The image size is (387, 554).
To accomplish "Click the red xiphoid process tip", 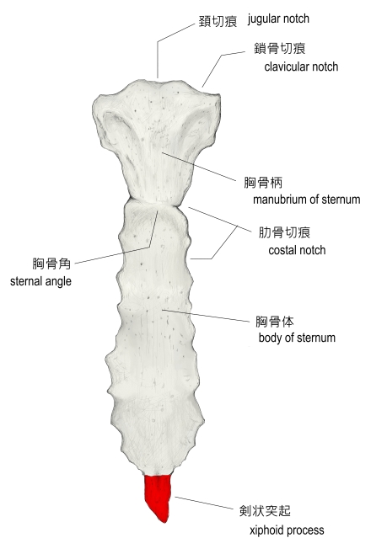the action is [x=159, y=498].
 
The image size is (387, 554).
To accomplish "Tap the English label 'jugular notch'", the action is [x=278, y=19].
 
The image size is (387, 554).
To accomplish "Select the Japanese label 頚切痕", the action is [x=218, y=21].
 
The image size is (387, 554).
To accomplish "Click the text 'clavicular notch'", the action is [x=301, y=67].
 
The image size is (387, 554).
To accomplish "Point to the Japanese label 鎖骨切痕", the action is [x=279, y=48].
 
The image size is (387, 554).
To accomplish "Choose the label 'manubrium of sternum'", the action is [x=306, y=200].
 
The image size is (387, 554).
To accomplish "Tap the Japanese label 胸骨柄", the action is [x=263, y=183].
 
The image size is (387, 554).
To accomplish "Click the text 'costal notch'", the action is [x=297, y=250].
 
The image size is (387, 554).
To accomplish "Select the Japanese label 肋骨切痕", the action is [x=284, y=232].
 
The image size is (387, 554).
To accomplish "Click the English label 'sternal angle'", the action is [x=40, y=281].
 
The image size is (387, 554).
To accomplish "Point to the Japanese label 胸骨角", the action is [x=51, y=264].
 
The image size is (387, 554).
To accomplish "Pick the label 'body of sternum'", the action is [x=297, y=338].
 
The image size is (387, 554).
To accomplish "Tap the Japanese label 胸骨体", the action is [x=275, y=321].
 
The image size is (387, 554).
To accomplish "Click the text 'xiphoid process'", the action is [x=287, y=530].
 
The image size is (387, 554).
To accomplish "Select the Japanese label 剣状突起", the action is [x=265, y=510].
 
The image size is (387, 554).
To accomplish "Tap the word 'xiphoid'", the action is [x=267, y=530].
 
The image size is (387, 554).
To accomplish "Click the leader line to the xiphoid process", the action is [x=204, y=503].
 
